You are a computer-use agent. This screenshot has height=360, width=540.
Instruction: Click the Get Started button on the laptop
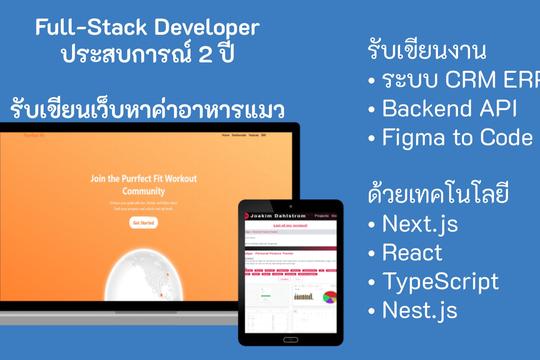143,223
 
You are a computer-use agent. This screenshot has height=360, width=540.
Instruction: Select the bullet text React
413,252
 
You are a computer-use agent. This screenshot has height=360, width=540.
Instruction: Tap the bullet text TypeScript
440,281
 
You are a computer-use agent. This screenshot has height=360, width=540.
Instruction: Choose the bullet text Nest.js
420,310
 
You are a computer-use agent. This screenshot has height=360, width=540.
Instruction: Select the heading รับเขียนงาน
421,50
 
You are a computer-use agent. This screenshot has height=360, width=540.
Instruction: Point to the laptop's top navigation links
243,134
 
